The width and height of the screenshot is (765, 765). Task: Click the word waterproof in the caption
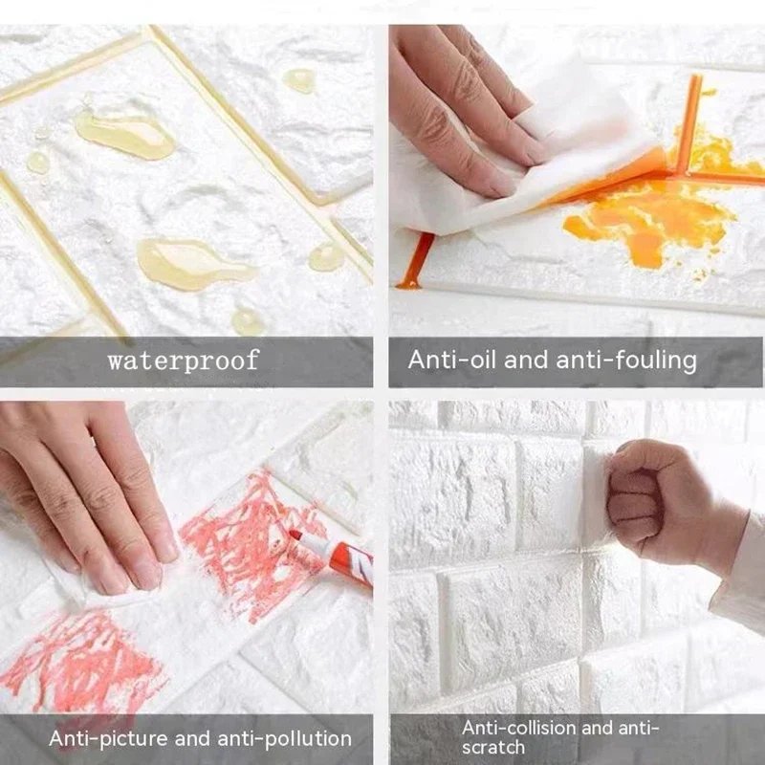tap(183, 361)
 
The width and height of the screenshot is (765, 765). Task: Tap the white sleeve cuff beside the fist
tap(741, 574)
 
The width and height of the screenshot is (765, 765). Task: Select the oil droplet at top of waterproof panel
tap(299, 80)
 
